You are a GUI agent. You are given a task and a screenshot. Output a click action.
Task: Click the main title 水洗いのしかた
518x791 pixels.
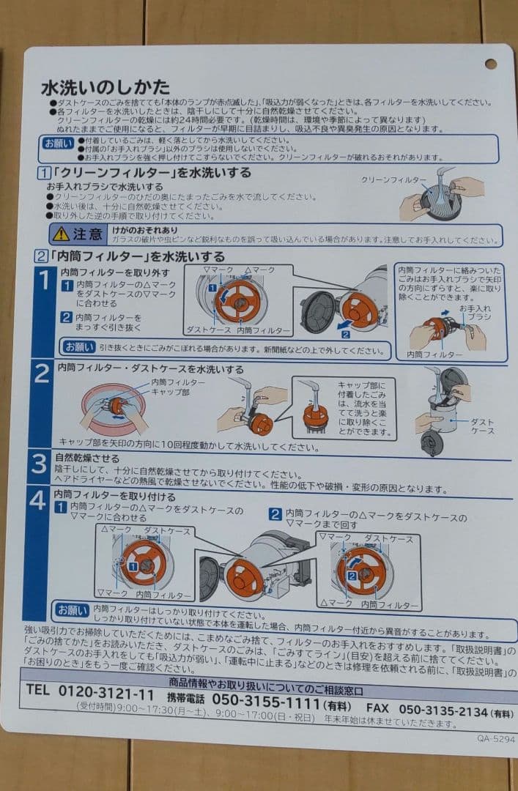point(106,87)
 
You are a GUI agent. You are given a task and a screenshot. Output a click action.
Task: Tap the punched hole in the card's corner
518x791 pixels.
point(490,64)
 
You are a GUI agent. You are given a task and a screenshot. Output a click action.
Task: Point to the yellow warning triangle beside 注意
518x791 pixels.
point(61,234)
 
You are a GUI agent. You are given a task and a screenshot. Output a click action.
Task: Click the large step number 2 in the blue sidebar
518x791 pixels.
point(42,374)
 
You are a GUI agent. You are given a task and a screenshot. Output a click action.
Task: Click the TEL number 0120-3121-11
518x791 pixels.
point(90,691)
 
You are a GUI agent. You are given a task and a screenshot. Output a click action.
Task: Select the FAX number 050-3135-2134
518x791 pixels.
point(443,710)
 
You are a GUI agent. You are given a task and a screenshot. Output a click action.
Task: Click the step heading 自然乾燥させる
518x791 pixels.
point(87,458)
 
